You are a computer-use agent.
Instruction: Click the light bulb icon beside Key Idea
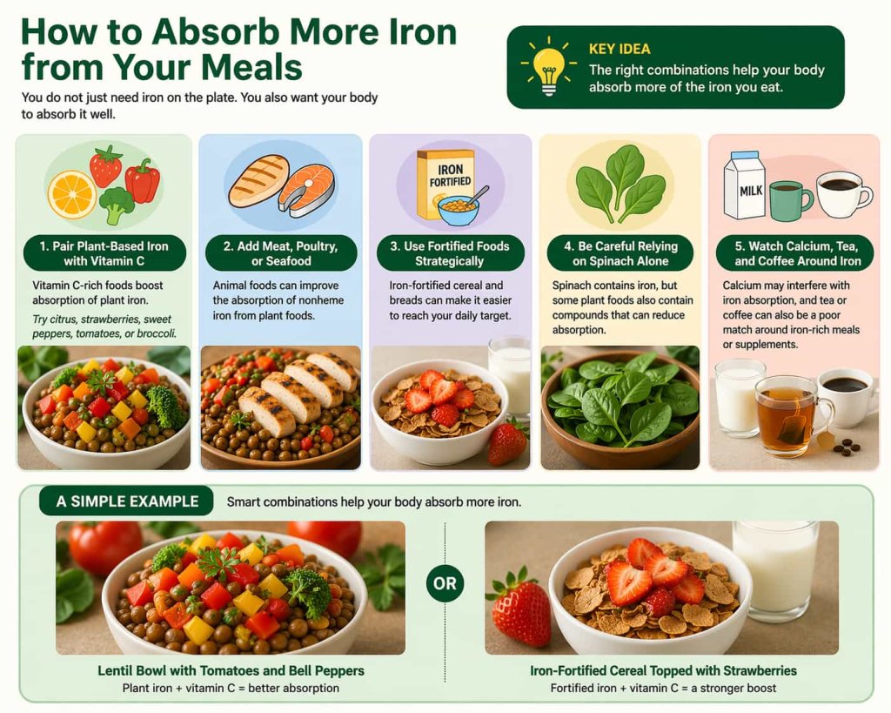tap(549, 66)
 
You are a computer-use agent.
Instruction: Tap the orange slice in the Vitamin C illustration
tap(71, 193)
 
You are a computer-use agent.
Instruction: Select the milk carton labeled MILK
tap(744, 185)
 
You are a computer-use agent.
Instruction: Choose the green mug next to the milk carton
tap(789, 199)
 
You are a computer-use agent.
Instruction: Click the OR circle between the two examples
tap(445, 583)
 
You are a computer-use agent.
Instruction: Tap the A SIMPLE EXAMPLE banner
tap(127, 501)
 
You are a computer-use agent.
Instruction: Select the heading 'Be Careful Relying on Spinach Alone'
tap(620, 253)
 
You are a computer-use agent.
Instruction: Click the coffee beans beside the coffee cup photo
tap(843, 447)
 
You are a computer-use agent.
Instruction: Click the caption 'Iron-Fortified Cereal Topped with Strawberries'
tap(663, 671)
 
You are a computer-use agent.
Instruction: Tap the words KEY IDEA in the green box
tap(620, 49)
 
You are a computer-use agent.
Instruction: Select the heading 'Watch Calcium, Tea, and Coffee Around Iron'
tap(792, 253)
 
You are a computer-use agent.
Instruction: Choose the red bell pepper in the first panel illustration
tap(143, 181)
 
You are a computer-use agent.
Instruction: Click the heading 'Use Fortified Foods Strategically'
tap(450, 253)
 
